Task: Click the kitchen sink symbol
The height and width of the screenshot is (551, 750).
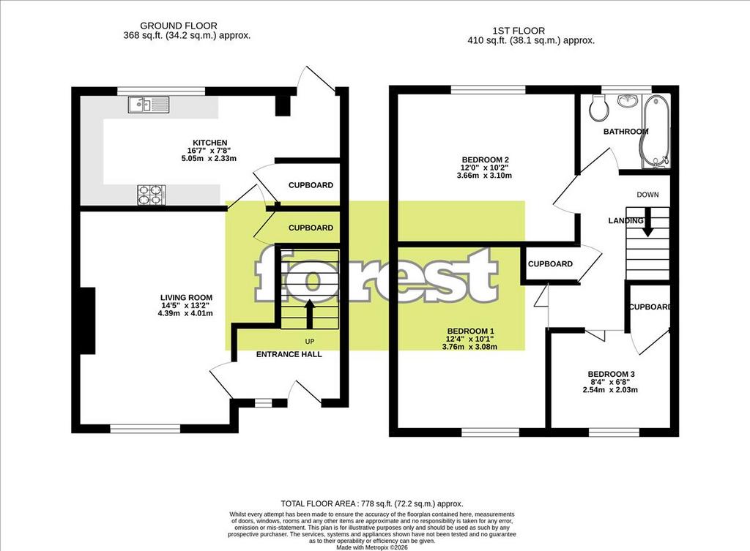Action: point(149,105)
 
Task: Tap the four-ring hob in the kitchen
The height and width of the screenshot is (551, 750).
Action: point(152,195)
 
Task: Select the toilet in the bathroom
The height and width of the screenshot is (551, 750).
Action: point(599,108)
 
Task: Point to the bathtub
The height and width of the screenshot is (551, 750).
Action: point(656,131)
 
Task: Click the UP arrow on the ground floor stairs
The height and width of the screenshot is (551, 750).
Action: point(310,313)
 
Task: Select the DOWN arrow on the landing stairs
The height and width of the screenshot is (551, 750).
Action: point(647,222)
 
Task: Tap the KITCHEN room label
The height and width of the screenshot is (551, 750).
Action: point(210,143)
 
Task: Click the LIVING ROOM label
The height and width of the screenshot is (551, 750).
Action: point(186,297)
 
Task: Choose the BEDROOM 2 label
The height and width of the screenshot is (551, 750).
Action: point(485,160)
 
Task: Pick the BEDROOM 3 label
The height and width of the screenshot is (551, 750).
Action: point(611,374)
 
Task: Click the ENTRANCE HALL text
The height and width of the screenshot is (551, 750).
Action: point(289,354)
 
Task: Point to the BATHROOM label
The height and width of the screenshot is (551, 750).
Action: point(625,132)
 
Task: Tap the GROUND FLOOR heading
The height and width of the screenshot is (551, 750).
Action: point(179,26)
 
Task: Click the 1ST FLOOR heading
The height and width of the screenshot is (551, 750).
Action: point(519,31)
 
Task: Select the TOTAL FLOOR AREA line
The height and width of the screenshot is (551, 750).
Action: point(371,503)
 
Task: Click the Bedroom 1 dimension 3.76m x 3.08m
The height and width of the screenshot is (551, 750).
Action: point(469,346)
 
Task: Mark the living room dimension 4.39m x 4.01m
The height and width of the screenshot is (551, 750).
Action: point(185,313)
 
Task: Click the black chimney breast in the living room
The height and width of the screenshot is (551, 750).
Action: point(88,321)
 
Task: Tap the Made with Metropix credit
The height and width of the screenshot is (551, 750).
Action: point(371,547)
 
